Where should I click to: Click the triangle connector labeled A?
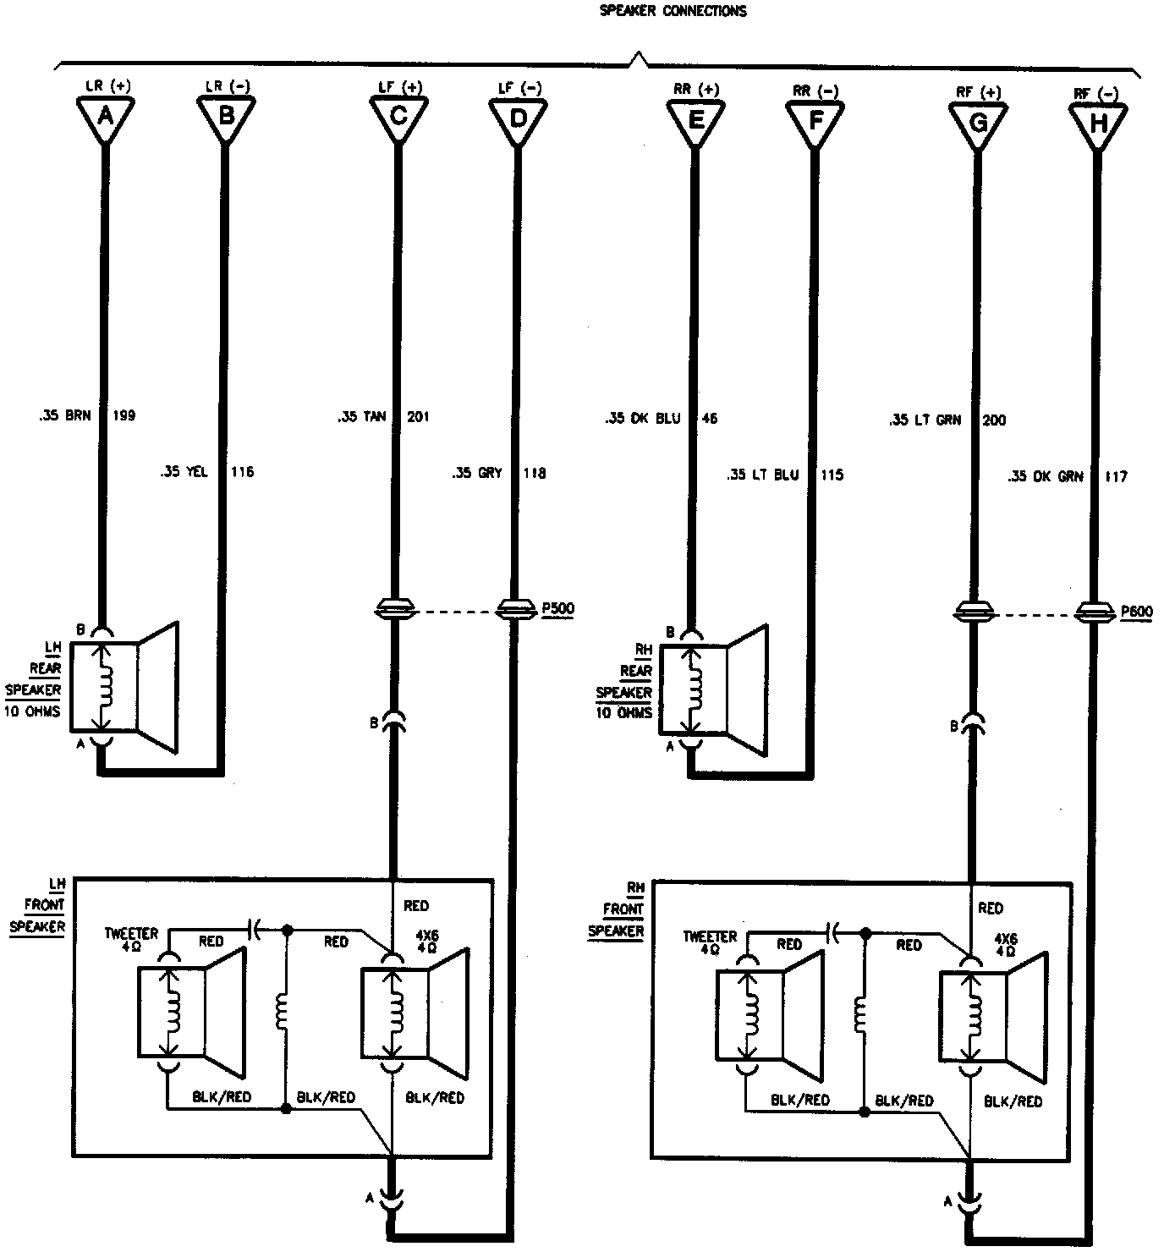click(105, 118)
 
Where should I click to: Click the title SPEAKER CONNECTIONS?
click(673, 11)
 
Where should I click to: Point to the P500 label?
click(557, 607)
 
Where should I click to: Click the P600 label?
click(1135, 612)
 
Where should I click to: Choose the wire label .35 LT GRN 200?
click(947, 420)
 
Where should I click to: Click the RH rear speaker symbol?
click(716, 689)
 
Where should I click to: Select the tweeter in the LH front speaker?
click(192, 1012)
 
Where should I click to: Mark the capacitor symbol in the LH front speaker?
click(255, 931)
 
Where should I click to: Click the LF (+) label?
click(401, 87)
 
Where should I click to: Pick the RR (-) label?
click(815, 91)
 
